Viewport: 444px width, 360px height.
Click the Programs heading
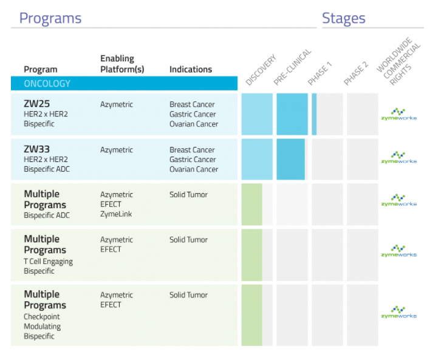point(50,19)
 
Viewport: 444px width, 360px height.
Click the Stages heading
point(343,18)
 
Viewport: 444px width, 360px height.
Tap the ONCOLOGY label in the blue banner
point(47,84)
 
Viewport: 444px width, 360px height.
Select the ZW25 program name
point(37,104)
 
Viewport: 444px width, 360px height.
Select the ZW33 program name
point(37,149)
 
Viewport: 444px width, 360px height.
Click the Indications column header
point(191,69)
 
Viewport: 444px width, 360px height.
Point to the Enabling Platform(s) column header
point(122,64)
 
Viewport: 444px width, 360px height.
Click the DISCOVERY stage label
point(261,70)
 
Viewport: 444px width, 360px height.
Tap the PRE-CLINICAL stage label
point(292,67)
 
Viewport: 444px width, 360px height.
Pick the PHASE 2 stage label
point(356,73)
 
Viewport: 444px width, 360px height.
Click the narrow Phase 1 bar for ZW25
point(314,114)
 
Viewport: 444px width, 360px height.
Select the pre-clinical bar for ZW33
point(290,159)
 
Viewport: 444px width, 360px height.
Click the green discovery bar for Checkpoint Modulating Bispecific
point(251,315)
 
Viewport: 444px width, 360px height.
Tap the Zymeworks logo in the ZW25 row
point(398,114)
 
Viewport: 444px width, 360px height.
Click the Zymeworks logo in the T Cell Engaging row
point(398,251)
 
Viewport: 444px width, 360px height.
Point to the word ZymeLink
point(116,214)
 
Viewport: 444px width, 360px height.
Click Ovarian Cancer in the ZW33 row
point(194,169)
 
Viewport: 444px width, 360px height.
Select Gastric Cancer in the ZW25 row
point(193,114)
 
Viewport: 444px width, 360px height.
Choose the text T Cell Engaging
point(48,262)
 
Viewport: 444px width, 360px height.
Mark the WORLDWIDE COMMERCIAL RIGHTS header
point(398,61)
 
